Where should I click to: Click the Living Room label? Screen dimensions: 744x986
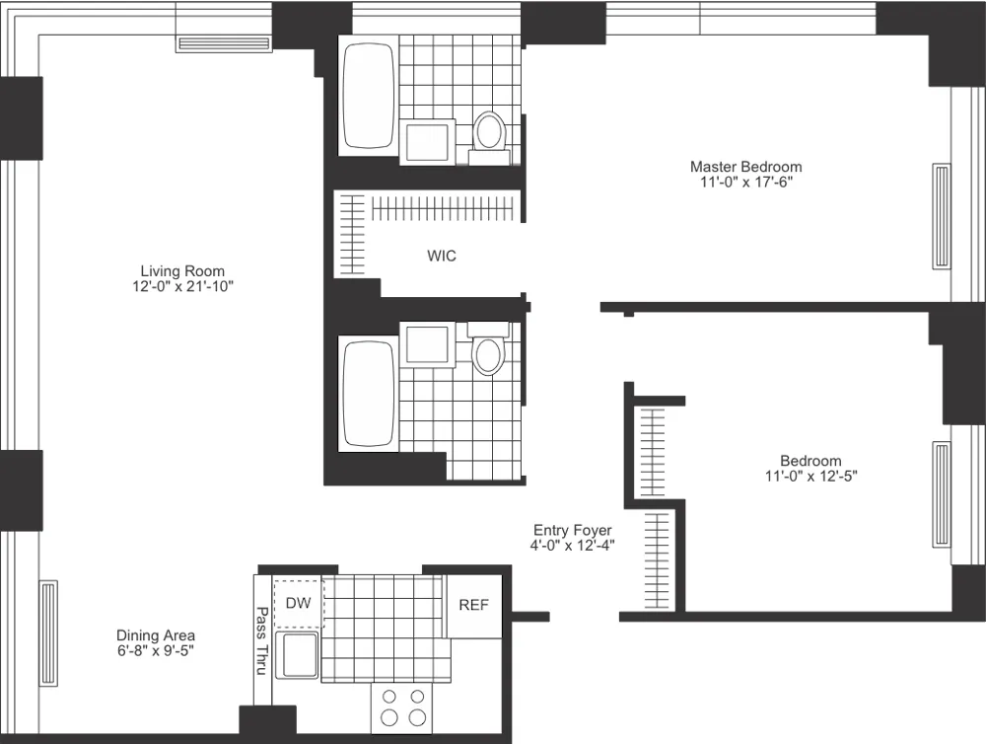[182, 271]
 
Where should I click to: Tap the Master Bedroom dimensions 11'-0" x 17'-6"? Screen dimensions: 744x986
[745, 183]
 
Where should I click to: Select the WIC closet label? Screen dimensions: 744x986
[442, 256]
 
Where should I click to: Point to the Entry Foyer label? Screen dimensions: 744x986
[573, 531]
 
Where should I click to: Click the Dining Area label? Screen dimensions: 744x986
[156, 635]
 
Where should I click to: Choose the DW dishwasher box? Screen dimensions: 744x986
[298, 602]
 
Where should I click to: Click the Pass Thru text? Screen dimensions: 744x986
[262, 639]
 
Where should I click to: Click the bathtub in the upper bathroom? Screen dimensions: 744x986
[368, 96]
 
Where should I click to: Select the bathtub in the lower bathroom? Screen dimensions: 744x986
[368, 394]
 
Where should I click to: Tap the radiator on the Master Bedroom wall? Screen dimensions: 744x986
[942, 216]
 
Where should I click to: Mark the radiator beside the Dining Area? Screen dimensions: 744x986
[48, 632]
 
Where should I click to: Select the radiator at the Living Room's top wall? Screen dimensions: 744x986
[223, 43]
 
